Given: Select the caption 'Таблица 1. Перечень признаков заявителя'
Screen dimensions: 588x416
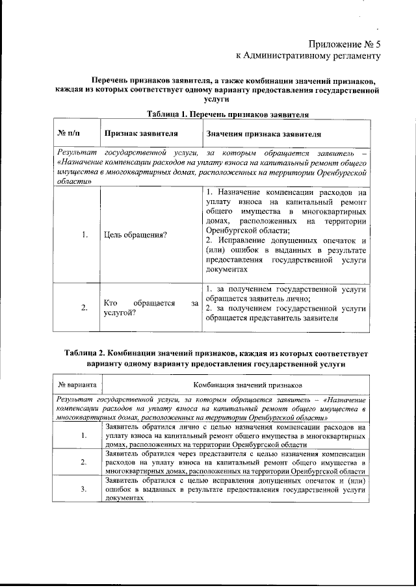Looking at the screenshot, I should coord(227,114).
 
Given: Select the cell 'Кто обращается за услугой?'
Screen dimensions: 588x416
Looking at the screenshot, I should coord(151,307).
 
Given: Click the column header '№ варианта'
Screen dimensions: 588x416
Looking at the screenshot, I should coord(78,385).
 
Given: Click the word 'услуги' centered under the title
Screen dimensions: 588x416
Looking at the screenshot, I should coord(216,101).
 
